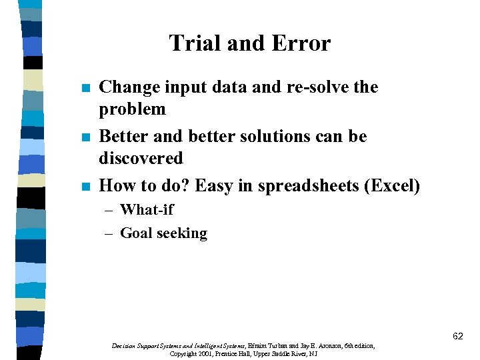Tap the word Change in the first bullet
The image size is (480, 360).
click(127, 87)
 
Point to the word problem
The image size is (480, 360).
click(132, 109)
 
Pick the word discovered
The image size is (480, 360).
click(141, 158)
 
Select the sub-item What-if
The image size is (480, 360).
click(147, 209)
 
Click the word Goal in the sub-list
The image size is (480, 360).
click(135, 233)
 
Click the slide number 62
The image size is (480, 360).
click(457, 337)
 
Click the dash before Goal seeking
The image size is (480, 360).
click(110, 233)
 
